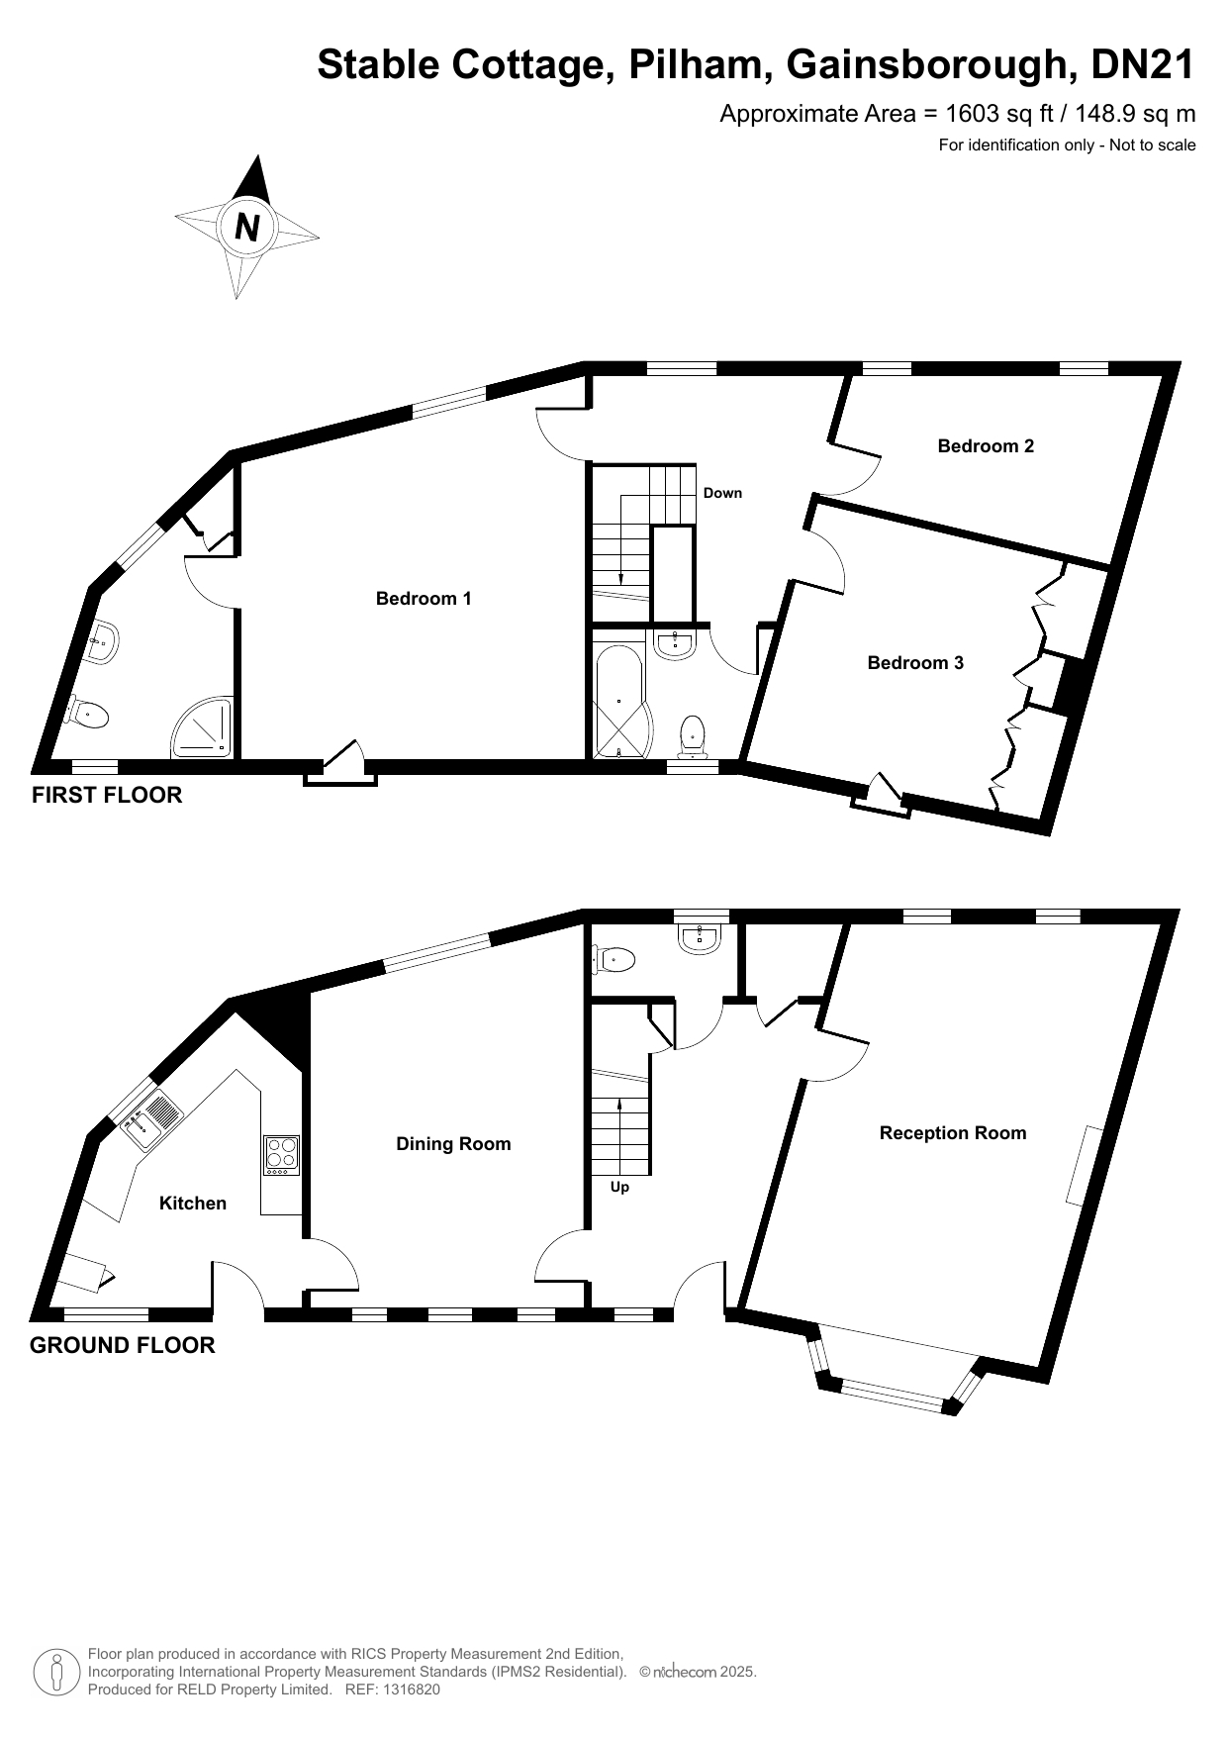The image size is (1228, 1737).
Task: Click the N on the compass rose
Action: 247,228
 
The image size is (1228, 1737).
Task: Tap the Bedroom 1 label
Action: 424,598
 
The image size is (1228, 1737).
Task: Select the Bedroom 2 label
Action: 986,445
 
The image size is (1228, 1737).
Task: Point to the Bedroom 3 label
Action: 915,662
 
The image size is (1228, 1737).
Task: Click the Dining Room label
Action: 453,1144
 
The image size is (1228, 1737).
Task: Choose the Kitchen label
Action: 193,1203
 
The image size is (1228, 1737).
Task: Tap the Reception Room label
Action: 953,1133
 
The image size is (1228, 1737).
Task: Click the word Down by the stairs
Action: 722,493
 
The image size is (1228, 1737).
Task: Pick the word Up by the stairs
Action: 619,1187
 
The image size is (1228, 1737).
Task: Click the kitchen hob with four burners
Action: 281,1155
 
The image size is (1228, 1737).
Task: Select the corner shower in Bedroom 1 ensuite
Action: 202,726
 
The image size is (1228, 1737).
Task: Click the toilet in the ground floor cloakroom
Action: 613,958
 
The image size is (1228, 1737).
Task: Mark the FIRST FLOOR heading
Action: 107,795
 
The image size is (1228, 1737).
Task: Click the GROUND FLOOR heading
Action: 123,1345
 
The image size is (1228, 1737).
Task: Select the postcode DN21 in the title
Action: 1143,64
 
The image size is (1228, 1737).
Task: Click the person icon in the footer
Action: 56,1673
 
